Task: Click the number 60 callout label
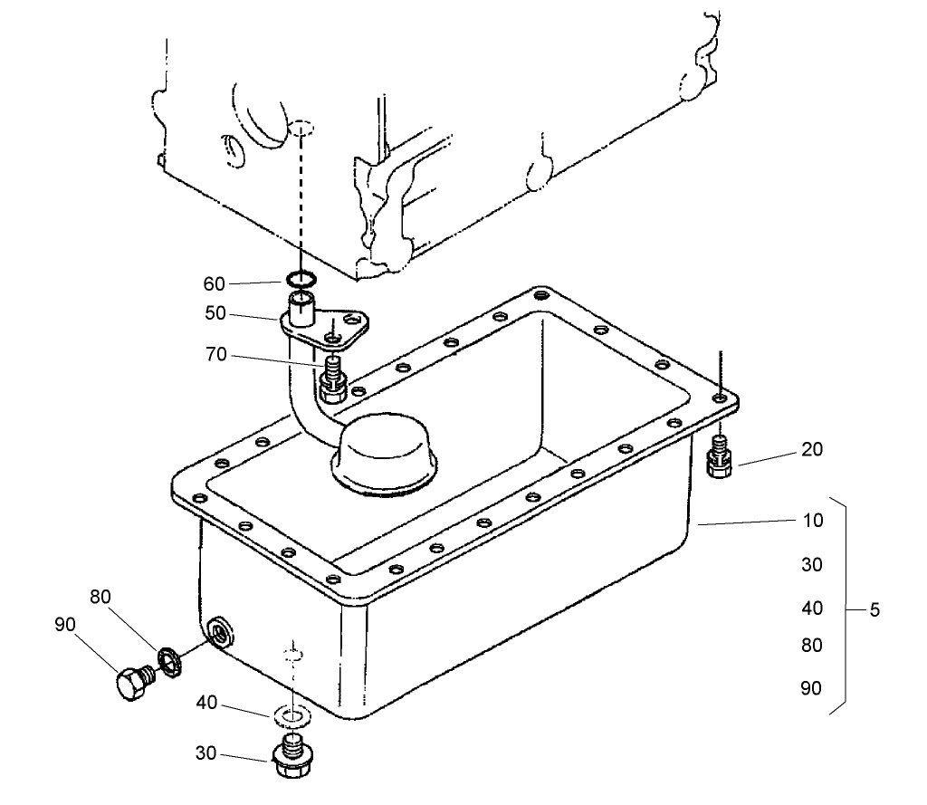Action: pyautogui.click(x=214, y=284)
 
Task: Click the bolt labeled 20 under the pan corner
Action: pyautogui.click(x=718, y=458)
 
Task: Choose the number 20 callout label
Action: pyautogui.click(x=812, y=449)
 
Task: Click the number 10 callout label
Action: pyautogui.click(x=812, y=521)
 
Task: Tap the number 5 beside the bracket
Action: pyautogui.click(x=874, y=610)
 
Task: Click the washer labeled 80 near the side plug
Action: pyautogui.click(x=168, y=660)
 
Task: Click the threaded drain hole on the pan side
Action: pyautogui.click(x=219, y=632)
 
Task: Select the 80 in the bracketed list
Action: pyautogui.click(x=812, y=646)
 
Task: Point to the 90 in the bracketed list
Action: pyautogui.click(x=812, y=688)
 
